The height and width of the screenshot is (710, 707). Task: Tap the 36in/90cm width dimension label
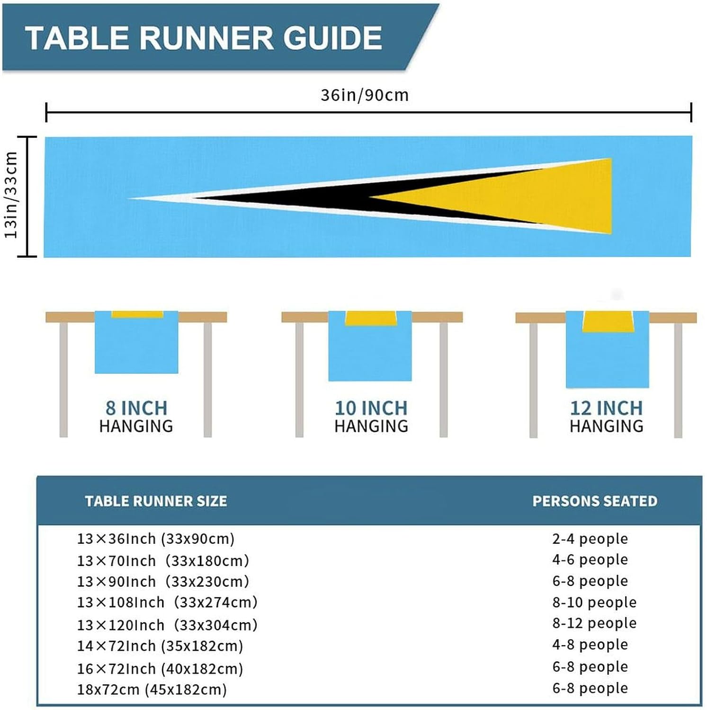coord(364,95)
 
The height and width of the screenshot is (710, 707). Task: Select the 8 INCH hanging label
coord(136,408)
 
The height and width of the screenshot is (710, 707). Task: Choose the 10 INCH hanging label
coord(371,408)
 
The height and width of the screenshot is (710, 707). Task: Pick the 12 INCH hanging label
coord(606,408)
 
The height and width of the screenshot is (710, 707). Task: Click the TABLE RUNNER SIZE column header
coord(156,501)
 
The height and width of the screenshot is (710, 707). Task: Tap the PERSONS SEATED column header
coord(595,501)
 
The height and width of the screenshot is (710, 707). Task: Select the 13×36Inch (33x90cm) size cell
coord(156,539)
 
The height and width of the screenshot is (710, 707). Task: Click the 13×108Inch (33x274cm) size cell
coord(167,603)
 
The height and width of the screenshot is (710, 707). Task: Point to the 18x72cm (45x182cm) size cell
coord(152,689)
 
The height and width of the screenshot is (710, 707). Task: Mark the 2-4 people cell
coord(590,539)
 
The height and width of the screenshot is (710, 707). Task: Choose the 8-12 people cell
coord(594,623)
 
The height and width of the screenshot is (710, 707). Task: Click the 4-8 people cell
coord(590,645)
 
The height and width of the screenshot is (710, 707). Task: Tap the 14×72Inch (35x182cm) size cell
coord(160,646)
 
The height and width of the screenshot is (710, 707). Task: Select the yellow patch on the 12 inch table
coord(608,321)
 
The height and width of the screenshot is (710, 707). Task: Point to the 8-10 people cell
coord(594,603)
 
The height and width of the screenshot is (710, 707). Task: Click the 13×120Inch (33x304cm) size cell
coord(167,625)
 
